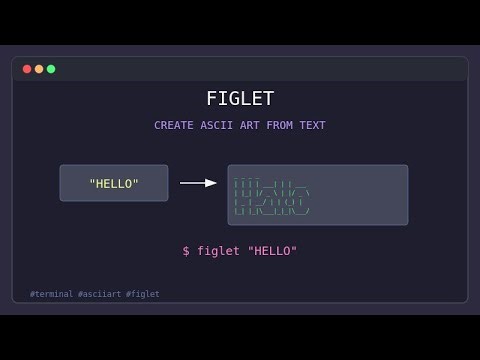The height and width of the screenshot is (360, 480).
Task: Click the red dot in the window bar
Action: pos(27,69)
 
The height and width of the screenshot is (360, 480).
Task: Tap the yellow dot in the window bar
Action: pos(39,69)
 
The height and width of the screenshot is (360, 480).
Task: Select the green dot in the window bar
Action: pos(51,69)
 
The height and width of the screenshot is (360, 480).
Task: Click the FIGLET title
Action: pos(240,98)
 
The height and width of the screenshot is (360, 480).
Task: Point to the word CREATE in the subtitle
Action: pos(174,125)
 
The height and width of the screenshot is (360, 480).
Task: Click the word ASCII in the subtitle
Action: pos(217,125)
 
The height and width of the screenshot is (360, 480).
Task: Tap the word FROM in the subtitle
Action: pos(280,125)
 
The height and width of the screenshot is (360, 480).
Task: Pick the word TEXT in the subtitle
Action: pos(312,125)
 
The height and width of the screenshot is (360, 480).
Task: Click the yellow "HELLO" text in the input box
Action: pos(114,184)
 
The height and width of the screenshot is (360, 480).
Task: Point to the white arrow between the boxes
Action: pos(197,183)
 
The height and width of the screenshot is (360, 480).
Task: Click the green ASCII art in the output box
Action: pos(271,196)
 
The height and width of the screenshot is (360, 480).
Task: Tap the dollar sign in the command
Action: pos(186,251)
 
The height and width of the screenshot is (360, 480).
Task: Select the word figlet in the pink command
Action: pos(218,251)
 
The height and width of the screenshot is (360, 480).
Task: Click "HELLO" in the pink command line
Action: pos(272,251)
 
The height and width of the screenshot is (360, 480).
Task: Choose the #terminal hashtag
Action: pos(52,294)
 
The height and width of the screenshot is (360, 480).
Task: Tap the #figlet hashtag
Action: pos(143,294)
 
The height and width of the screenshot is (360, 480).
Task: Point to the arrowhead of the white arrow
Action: pos(212,183)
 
